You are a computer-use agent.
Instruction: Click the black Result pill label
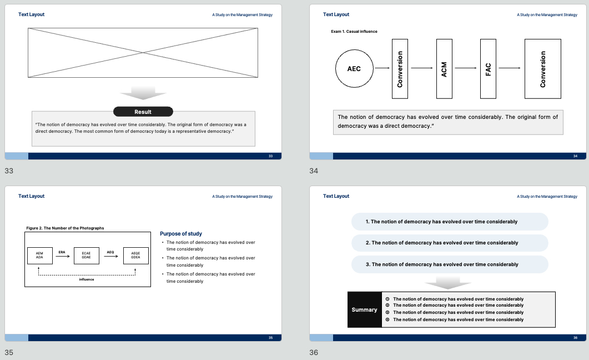click(x=143, y=112)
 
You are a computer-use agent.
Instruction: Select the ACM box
click(x=444, y=69)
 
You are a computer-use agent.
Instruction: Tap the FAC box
click(x=488, y=69)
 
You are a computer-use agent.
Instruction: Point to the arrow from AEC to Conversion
click(x=382, y=68)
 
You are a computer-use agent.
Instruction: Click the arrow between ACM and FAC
click(x=466, y=68)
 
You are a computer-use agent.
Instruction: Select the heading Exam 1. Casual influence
click(x=354, y=32)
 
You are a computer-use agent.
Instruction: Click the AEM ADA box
click(x=40, y=256)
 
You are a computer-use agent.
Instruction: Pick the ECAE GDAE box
click(x=87, y=256)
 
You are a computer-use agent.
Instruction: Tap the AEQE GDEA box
click(x=135, y=256)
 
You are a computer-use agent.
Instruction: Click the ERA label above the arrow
click(x=62, y=252)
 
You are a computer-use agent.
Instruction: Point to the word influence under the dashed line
click(x=87, y=279)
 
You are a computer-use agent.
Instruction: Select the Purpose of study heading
click(x=181, y=234)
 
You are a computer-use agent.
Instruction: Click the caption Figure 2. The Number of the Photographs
click(x=65, y=228)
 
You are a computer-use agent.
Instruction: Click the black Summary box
click(x=364, y=309)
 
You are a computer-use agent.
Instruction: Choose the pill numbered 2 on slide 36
click(x=450, y=243)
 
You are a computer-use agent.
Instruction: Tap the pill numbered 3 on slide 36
click(x=450, y=264)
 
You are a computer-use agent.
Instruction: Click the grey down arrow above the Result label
click(x=143, y=93)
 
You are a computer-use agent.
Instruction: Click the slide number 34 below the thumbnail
click(x=314, y=171)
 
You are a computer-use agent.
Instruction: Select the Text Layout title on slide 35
click(x=32, y=196)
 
